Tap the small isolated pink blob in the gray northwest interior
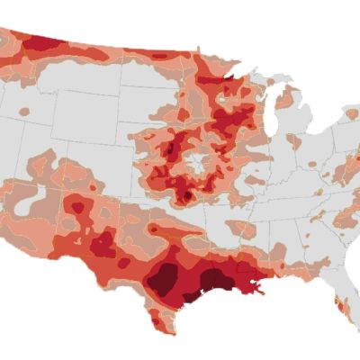pos(24,112)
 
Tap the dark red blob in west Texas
pos(102,243)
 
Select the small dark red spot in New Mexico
pos(78,208)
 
